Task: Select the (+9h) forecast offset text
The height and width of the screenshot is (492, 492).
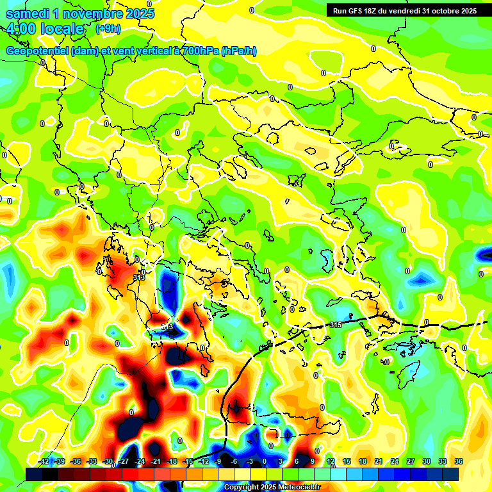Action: [x=107, y=28]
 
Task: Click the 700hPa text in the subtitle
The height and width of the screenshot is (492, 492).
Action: [x=198, y=51]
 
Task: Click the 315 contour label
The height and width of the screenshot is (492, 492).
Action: [x=335, y=325]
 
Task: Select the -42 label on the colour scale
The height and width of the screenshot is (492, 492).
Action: [x=44, y=461]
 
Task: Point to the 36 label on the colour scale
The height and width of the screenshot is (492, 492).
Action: [x=459, y=461]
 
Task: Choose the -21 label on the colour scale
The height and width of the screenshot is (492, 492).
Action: [x=156, y=461]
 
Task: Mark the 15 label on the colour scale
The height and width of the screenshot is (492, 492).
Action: [x=347, y=461]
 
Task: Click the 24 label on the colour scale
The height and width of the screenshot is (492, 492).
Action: [x=395, y=461]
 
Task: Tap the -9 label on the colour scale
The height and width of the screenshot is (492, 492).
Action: [x=218, y=461]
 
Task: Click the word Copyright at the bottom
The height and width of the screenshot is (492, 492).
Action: [x=242, y=488]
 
